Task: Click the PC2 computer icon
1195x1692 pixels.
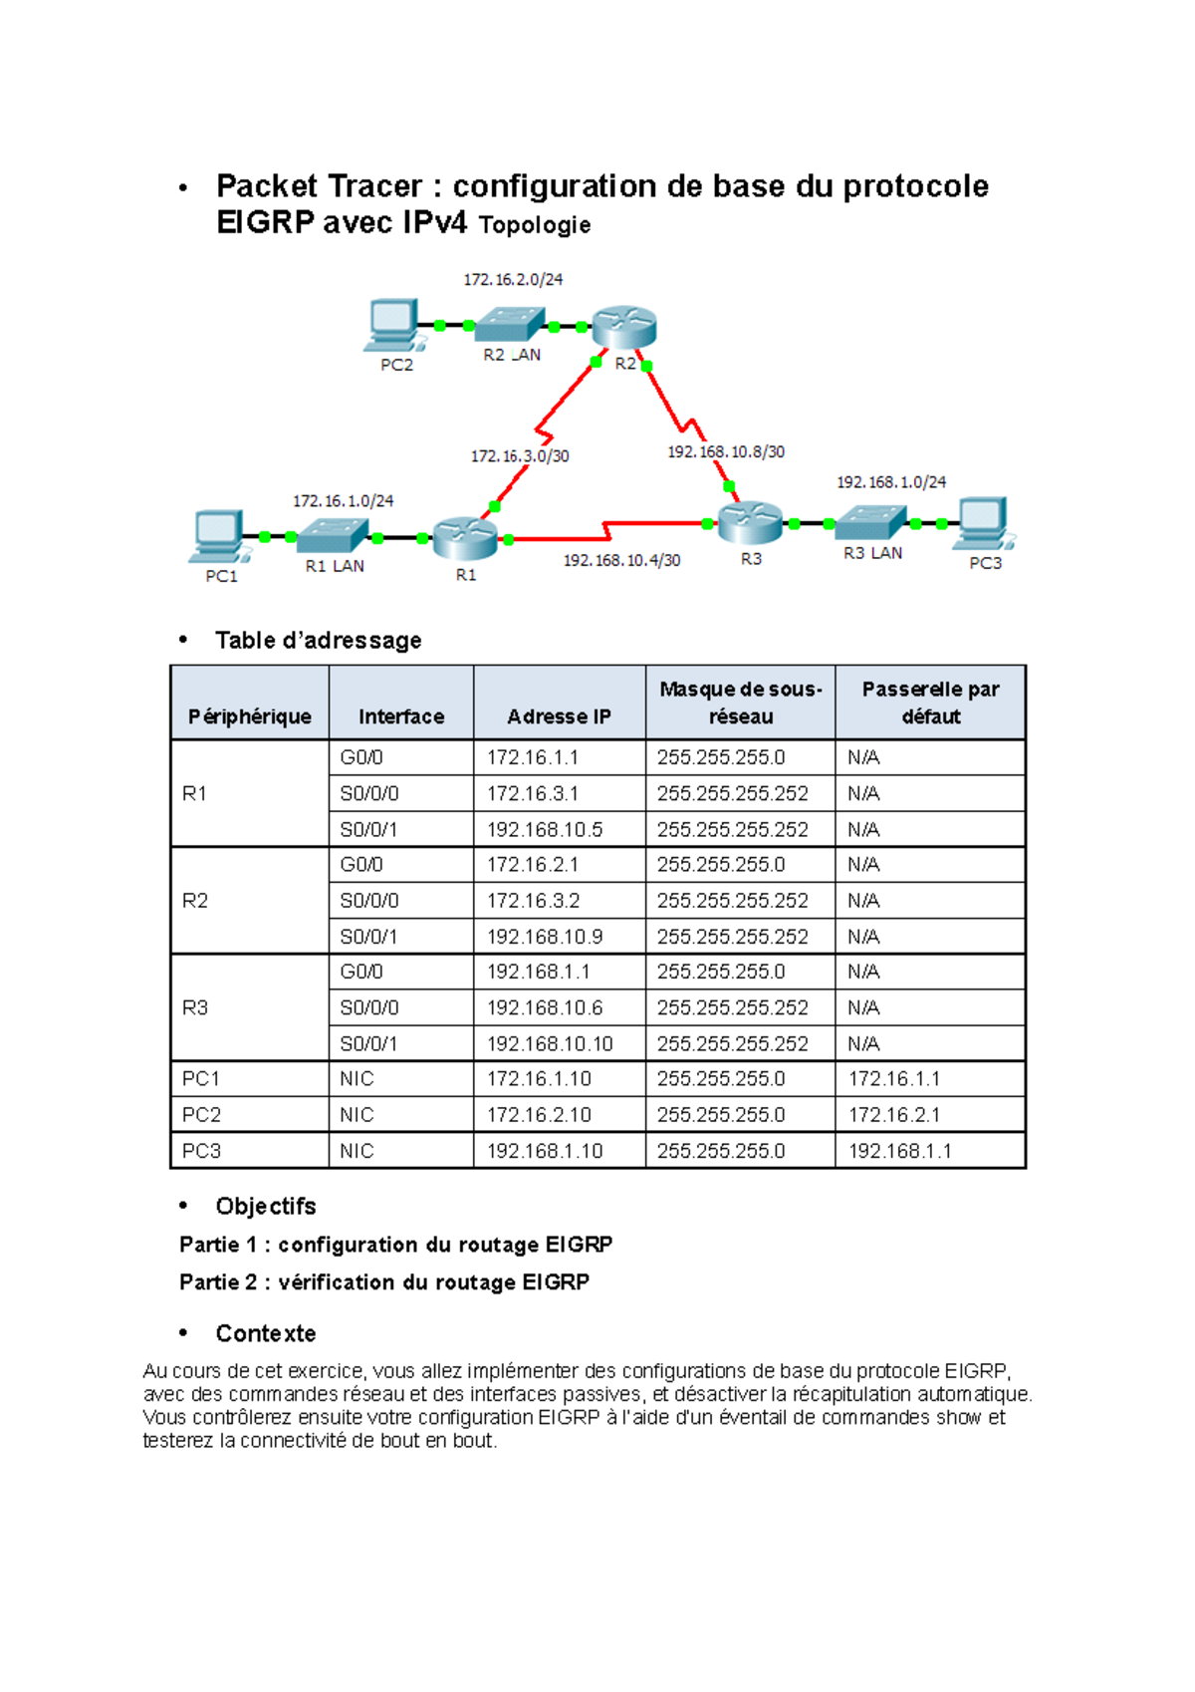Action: point(393,324)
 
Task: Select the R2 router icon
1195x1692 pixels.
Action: point(624,326)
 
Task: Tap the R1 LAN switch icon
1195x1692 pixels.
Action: point(333,536)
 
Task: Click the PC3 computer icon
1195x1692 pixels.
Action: point(983,522)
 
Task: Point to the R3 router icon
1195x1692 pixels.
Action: point(750,521)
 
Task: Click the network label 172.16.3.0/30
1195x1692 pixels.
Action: point(520,456)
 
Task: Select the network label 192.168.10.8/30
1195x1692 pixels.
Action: point(726,452)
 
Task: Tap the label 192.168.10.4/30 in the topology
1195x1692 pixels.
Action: point(621,561)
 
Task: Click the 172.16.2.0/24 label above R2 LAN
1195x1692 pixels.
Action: point(513,280)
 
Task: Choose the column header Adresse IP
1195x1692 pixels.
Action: point(559,716)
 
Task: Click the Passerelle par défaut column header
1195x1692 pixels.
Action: point(930,703)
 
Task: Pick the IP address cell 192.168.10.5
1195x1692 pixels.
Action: point(545,829)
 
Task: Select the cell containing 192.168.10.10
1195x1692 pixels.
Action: point(550,1043)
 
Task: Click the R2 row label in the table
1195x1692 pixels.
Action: point(195,901)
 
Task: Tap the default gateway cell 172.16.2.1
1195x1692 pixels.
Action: point(894,1114)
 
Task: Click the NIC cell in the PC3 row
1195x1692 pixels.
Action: point(357,1151)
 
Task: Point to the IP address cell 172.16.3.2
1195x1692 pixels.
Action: point(534,901)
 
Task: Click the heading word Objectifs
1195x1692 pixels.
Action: point(266,1207)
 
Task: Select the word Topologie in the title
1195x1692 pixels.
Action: point(535,225)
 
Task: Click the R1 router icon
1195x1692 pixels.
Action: point(464,537)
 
